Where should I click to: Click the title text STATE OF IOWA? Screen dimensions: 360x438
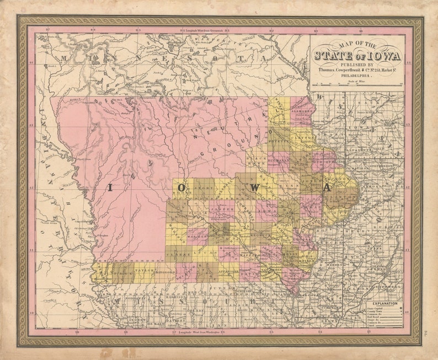click(x=357, y=55)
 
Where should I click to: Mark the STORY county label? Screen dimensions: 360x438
click(x=204, y=189)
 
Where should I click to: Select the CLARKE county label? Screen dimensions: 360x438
click(x=177, y=255)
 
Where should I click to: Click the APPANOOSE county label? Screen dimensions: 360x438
click(x=228, y=271)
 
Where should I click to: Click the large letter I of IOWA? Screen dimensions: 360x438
click(x=109, y=188)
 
